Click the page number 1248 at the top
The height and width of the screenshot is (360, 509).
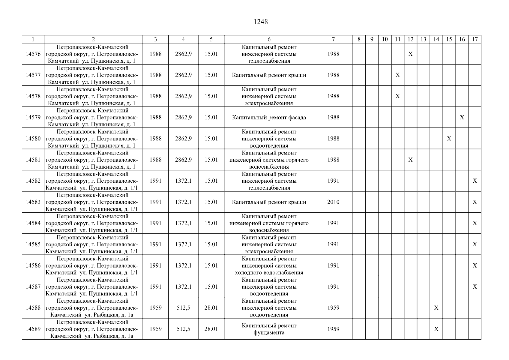(260, 22)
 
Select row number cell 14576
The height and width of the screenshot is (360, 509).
(33, 54)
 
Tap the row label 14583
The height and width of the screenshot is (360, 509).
(33, 202)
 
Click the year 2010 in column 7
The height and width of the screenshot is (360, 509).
(333, 202)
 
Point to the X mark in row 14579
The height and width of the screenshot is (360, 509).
(462, 117)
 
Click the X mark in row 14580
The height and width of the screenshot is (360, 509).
(449, 139)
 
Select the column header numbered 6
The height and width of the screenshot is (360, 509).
(269, 39)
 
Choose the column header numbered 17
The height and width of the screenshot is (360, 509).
(475, 39)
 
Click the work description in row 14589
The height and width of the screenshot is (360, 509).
(269, 329)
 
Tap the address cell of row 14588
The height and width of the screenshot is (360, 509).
(93, 308)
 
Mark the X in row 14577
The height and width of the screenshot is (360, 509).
(398, 75)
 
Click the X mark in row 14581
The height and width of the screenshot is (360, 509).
(411, 160)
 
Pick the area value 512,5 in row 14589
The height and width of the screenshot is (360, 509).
(183, 329)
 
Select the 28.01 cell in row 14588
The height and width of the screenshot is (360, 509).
(211, 308)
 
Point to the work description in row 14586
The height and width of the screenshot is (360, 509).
(269, 265)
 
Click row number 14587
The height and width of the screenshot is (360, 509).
(33, 286)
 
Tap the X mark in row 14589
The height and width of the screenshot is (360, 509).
(436, 329)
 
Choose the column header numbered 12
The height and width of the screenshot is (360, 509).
(411, 39)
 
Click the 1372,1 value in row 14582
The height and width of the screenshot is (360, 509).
(183, 181)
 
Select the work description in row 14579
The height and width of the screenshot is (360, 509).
(269, 117)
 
